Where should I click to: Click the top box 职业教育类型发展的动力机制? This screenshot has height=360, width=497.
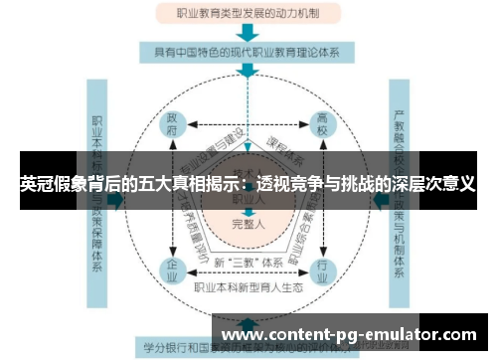pos(248,15)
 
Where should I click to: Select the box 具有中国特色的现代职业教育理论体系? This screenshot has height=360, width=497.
pos(248,53)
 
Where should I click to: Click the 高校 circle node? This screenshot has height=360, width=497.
pos(322,126)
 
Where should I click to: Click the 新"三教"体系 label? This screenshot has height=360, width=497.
pos(248,263)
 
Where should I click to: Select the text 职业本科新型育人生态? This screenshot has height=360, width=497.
pos(248,288)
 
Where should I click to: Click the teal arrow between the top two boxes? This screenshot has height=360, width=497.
pos(248,34)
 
